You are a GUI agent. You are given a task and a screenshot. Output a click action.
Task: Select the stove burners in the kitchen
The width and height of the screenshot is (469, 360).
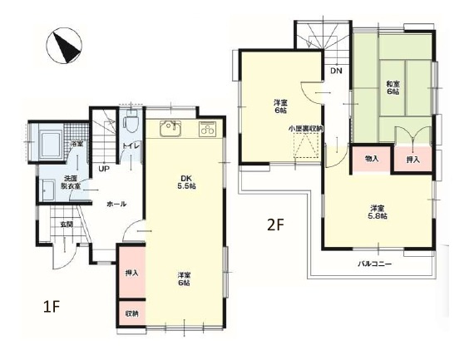click(x=206, y=129)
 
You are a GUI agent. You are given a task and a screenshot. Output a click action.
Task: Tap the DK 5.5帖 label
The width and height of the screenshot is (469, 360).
click(x=185, y=181)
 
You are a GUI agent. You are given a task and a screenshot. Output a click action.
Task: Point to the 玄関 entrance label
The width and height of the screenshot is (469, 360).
click(x=66, y=224)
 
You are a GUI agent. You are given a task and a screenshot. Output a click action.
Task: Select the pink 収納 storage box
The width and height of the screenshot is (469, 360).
click(x=132, y=313)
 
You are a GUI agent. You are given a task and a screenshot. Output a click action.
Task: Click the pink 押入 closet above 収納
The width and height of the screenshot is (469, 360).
click(x=132, y=272)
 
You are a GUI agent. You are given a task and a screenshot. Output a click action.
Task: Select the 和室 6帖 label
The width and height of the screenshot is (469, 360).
click(x=392, y=86)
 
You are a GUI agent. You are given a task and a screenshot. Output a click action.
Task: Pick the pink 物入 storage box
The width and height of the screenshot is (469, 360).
click(x=370, y=158)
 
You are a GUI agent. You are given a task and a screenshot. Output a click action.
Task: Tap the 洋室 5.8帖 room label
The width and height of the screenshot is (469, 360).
click(x=378, y=211)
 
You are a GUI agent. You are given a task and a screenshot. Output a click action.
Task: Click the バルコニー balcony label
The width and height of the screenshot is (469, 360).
click(x=376, y=264)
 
